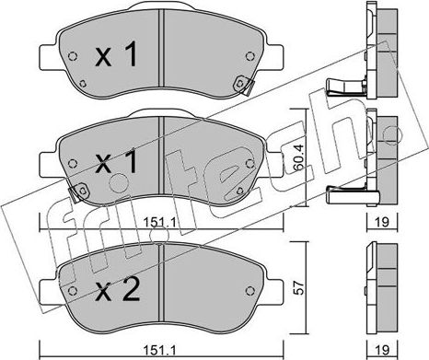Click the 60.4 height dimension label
(x=299, y=157)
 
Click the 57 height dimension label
(x=299, y=287)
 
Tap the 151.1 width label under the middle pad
(x=159, y=222)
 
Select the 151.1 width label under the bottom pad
(x=159, y=349)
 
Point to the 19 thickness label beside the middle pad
(x=382, y=222)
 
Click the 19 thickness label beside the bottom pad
(x=382, y=349)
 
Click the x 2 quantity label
(x=117, y=290)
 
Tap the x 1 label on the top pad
(x=116, y=54)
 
